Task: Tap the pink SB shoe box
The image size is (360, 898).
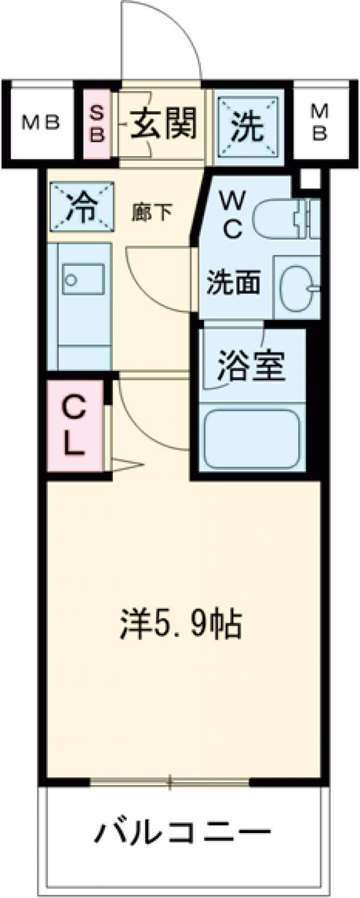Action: tap(97, 123)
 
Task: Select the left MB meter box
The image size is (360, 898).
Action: tap(41, 123)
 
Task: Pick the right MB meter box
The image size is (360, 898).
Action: tap(320, 123)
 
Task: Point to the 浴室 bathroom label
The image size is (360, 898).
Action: tap(251, 367)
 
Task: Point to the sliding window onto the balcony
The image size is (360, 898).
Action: tap(170, 782)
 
